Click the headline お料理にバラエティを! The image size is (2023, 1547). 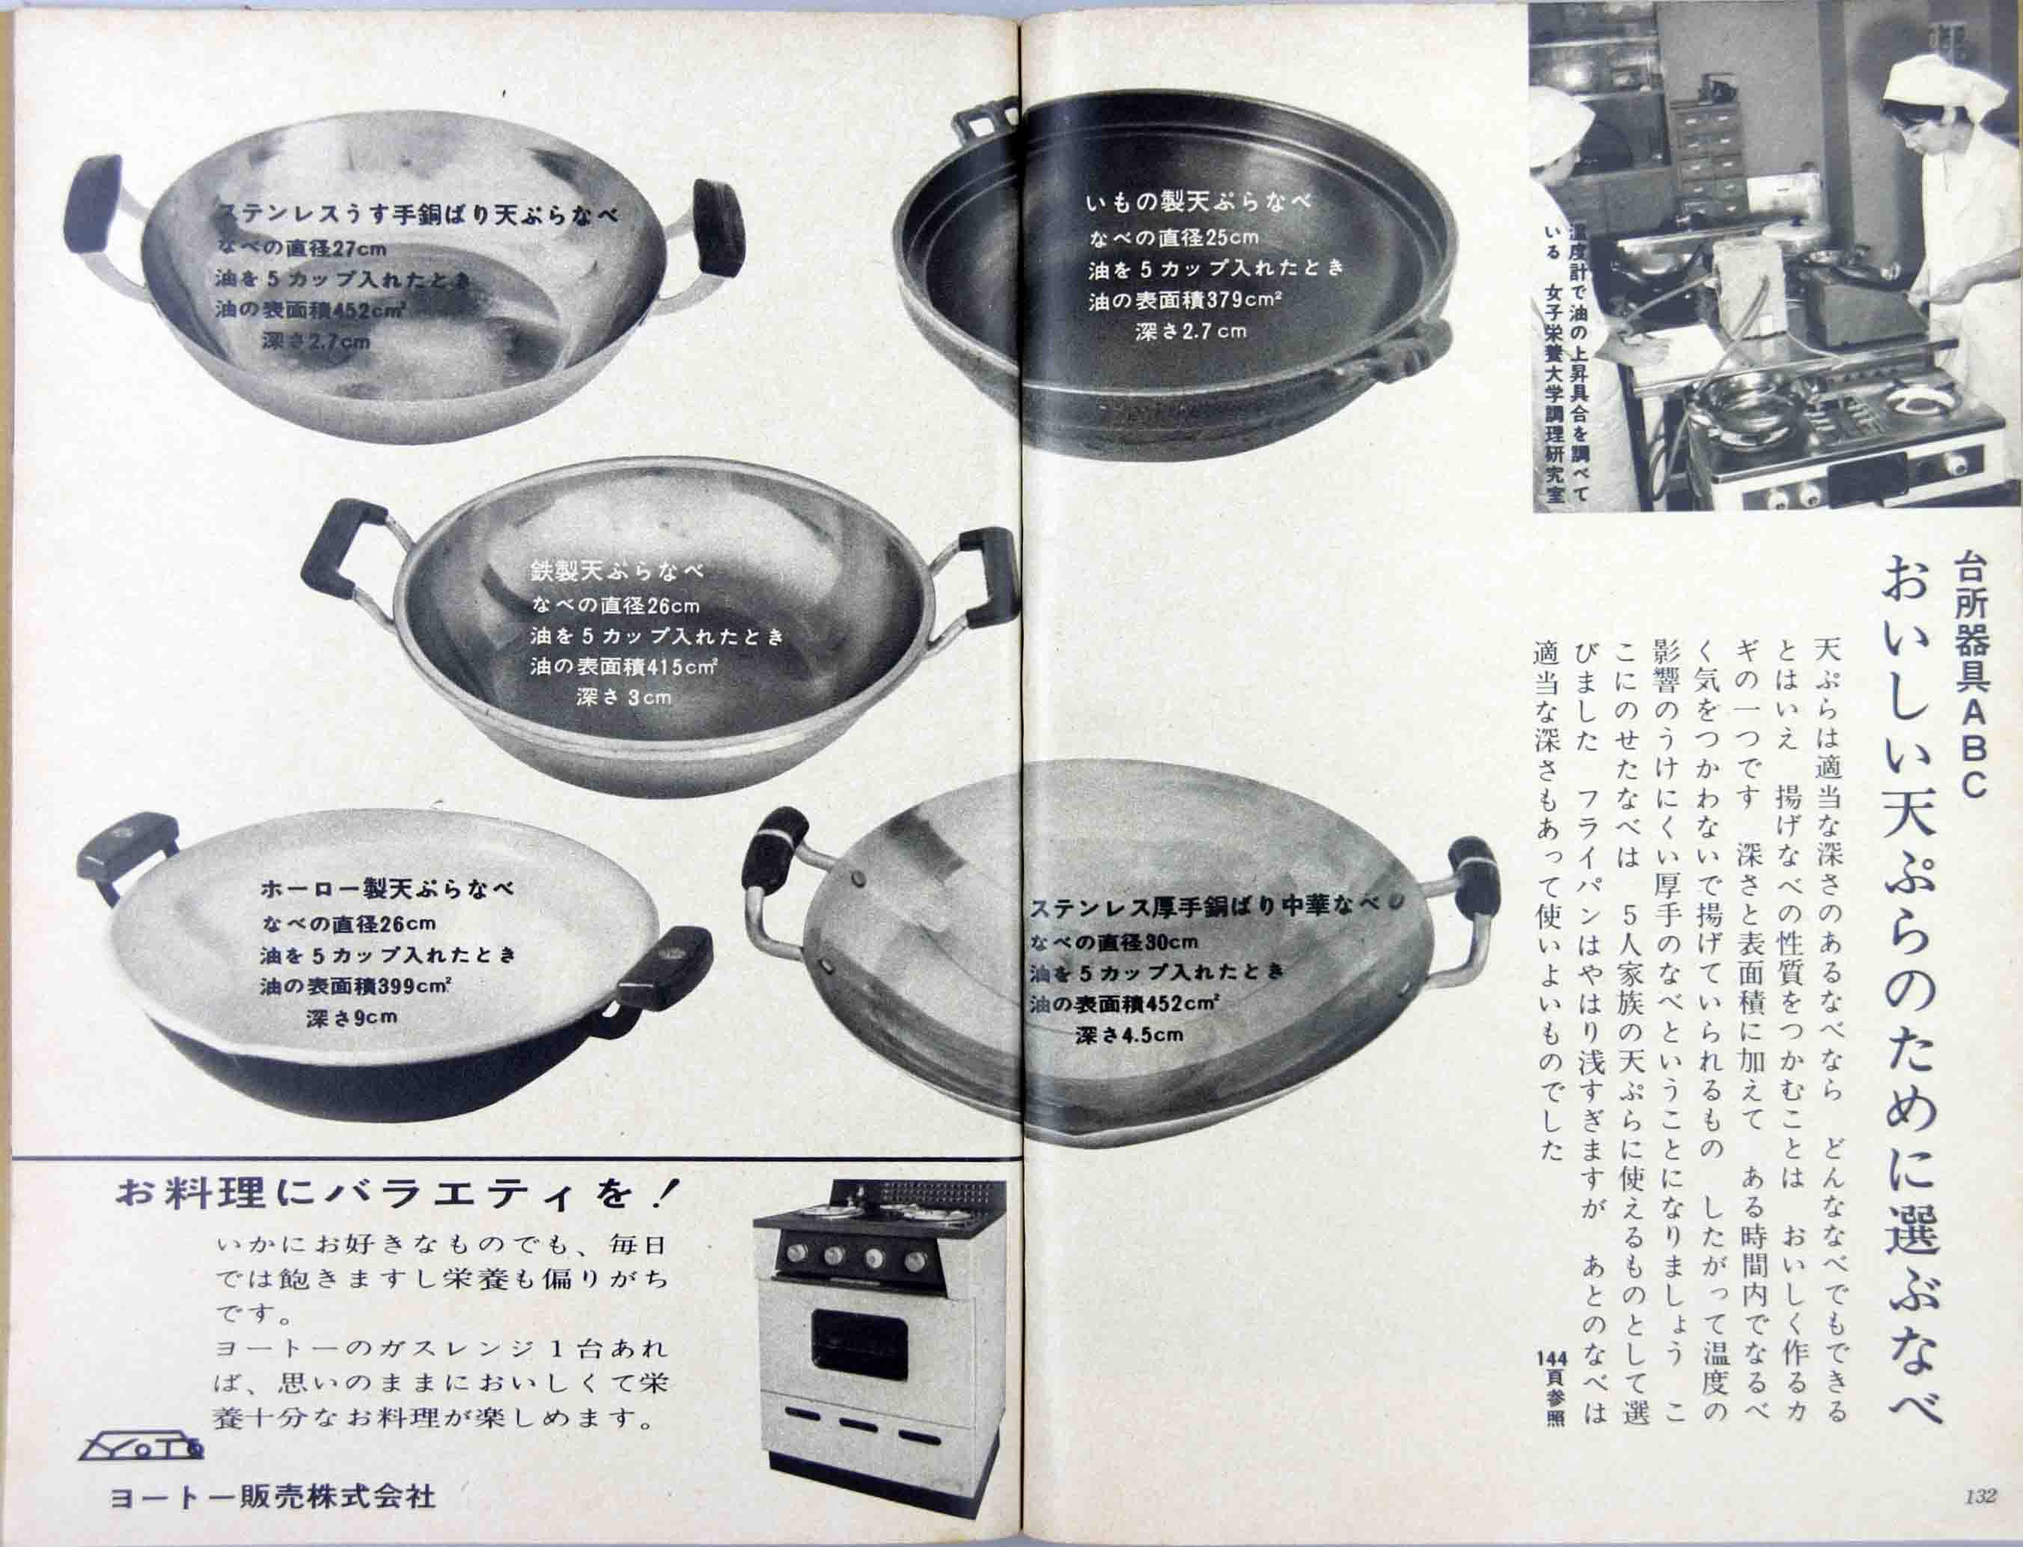tap(397, 1193)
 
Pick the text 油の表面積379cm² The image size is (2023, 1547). tap(1184, 300)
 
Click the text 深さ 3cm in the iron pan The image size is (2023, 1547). tap(623, 697)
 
